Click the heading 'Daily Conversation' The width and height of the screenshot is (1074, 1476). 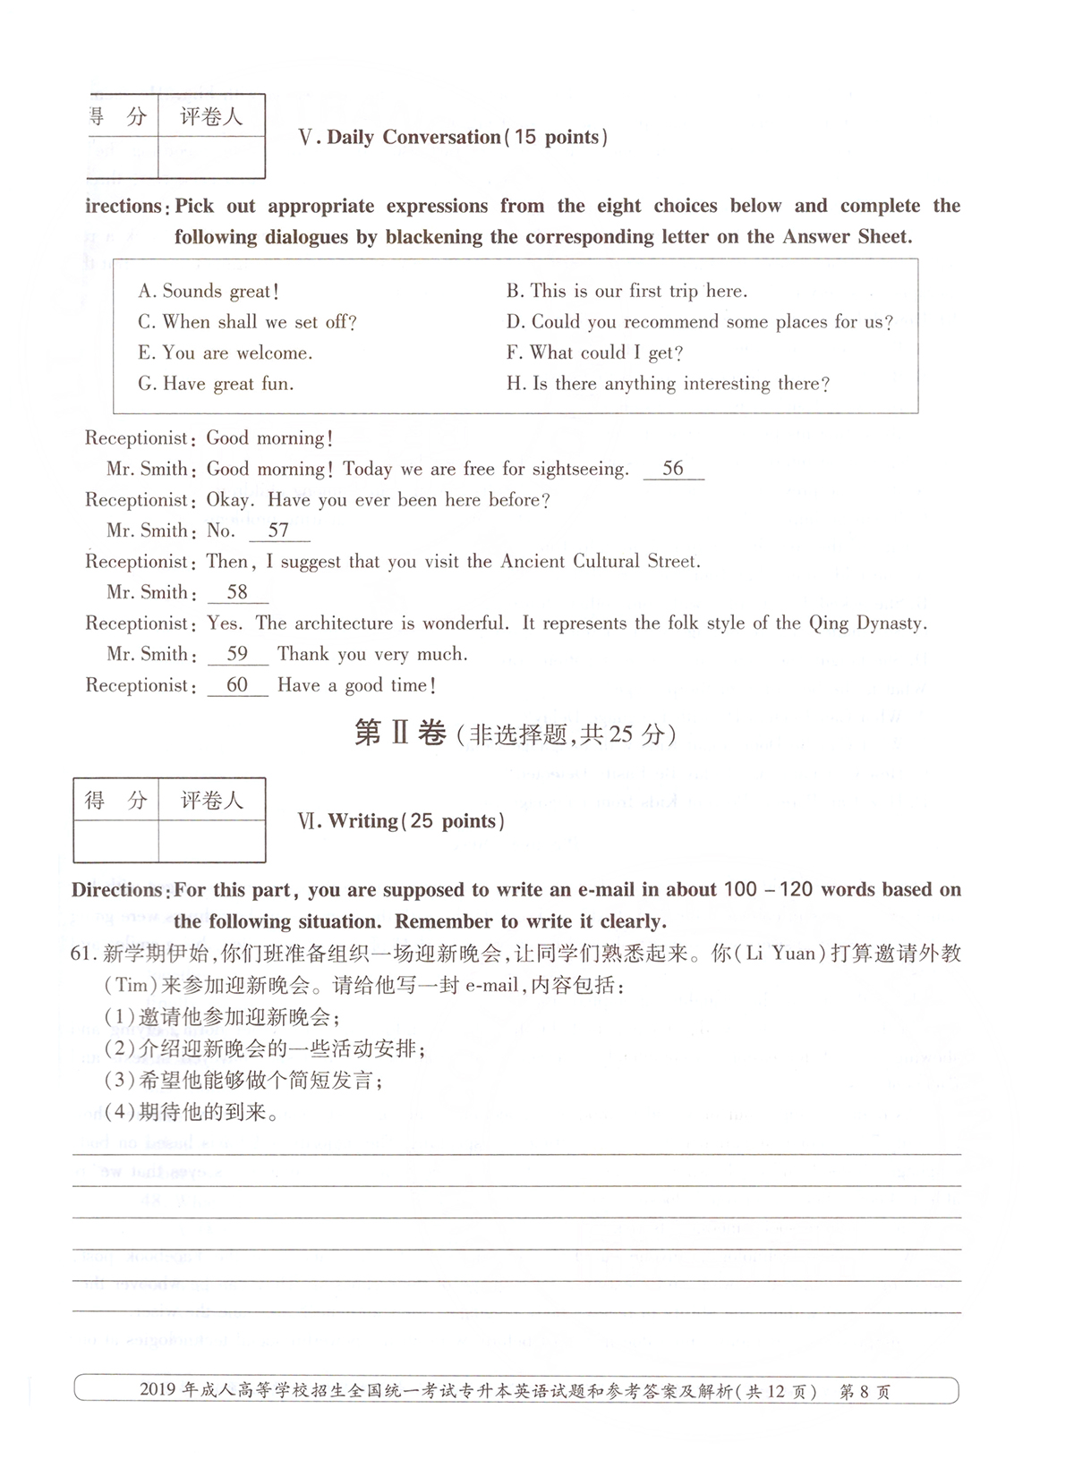tap(413, 137)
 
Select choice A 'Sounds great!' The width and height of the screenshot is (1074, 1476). tap(209, 292)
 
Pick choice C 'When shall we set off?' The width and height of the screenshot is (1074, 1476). tap(248, 322)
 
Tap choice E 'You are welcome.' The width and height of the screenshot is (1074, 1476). tap(226, 353)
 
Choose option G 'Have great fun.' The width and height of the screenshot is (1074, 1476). tap(216, 384)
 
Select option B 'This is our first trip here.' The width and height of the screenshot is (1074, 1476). tap(626, 292)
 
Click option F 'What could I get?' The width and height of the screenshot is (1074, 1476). tap(594, 353)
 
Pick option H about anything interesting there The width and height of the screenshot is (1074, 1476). tap(668, 384)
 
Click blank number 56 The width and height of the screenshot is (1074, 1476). tap(673, 469)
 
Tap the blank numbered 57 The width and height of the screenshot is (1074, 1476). tap(278, 530)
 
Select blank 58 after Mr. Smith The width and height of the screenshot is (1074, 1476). tap(237, 592)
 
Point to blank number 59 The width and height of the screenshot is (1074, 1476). tap(237, 654)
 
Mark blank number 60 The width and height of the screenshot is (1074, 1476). tap(237, 685)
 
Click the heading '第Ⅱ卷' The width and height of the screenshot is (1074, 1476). tap(400, 734)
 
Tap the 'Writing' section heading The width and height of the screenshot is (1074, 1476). tap(362, 821)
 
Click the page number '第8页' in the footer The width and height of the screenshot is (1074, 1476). tap(865, 1392)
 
